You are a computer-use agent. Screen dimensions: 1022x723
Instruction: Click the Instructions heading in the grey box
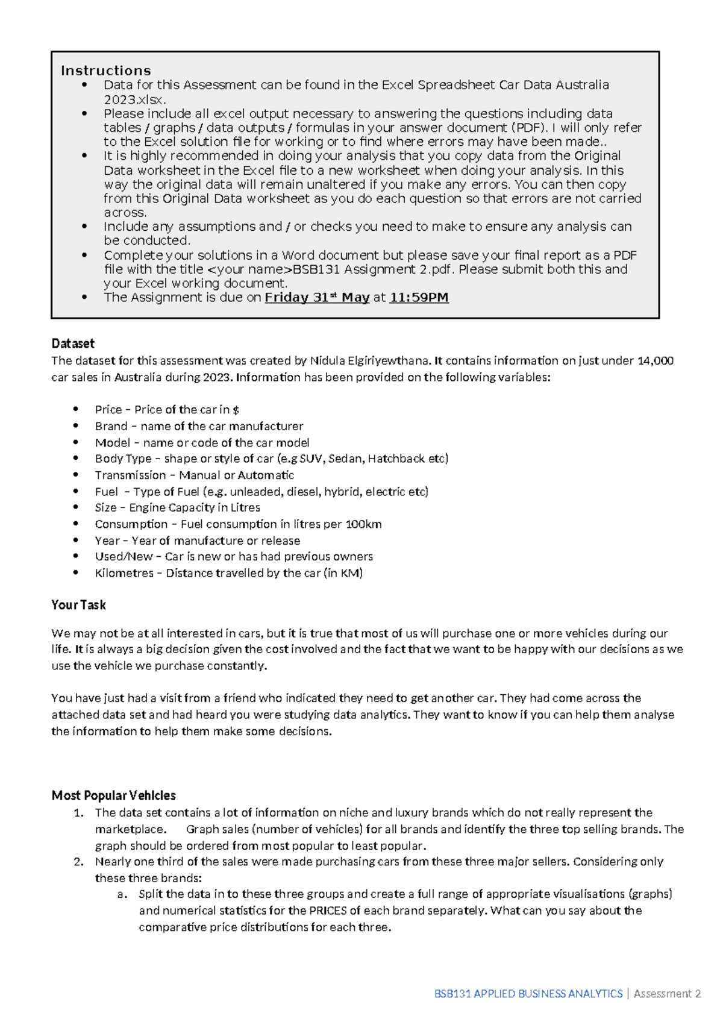click(105, 71)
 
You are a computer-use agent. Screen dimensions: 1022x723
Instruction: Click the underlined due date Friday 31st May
click(317, 297)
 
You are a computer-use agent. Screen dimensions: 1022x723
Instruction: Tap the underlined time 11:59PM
click(419, 297)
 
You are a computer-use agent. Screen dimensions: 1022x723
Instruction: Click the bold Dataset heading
click(73, 343)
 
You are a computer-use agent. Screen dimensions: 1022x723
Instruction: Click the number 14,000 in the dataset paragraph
click(654, 360)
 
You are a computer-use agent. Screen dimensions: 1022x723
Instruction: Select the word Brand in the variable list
click(111, 426)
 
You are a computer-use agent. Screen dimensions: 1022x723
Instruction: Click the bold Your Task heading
click(78, 604)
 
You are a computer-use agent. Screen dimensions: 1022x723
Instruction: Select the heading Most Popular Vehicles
click(113, 795)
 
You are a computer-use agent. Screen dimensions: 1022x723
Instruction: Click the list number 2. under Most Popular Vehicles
click(78, 861)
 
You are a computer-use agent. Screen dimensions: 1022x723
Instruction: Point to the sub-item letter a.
click(122, 894)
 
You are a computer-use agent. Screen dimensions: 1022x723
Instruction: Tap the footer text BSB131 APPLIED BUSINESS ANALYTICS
click(528, 994)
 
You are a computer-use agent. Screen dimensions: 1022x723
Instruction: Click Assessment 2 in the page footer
click(667, 994)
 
